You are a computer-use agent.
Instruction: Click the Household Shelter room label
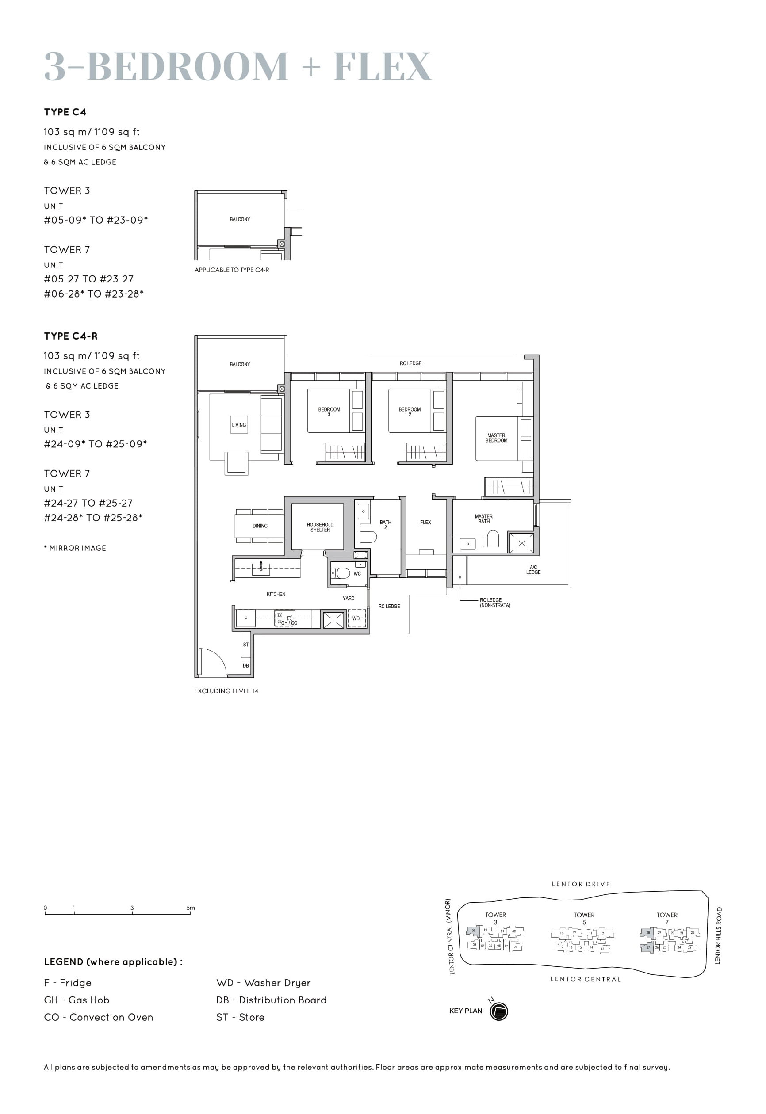tap(320, 527)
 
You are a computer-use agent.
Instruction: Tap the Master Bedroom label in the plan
tap(496, 438)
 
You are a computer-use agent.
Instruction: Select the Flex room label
tap(425, 522)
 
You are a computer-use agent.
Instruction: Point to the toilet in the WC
tap(342, 573)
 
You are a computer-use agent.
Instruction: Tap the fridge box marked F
tap(246, 618)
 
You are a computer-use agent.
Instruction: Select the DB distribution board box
tap(246, 665)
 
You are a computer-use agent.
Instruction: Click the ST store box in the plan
tap(246, 645)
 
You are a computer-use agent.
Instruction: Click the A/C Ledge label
tap(533, 569)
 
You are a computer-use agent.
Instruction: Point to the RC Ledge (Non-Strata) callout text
tap(494, 603)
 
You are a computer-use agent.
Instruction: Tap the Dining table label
tap(260, 526)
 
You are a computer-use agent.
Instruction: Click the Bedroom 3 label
tap(329, 412)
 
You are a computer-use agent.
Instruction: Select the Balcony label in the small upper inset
tap(240, 219)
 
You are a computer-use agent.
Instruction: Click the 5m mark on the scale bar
tap(191, 908)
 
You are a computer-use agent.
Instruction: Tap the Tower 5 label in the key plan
tap(584, 918)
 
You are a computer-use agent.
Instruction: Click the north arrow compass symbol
tap(499, 1011)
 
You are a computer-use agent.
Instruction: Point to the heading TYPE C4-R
tap(71, 336)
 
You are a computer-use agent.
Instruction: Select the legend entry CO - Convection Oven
tap(98, 1017)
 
